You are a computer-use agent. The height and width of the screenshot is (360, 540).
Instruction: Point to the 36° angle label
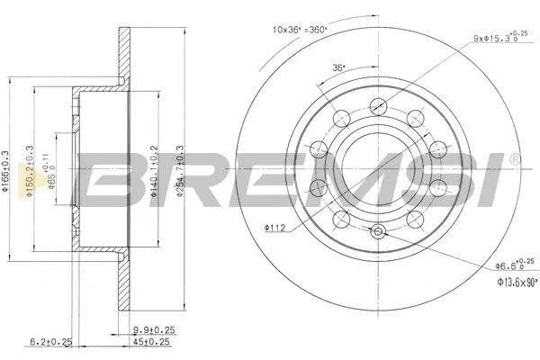coord(339,67)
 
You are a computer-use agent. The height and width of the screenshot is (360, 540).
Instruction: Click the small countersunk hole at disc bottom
coord(377,233)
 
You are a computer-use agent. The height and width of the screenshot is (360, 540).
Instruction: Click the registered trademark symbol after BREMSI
coord(514,159)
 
